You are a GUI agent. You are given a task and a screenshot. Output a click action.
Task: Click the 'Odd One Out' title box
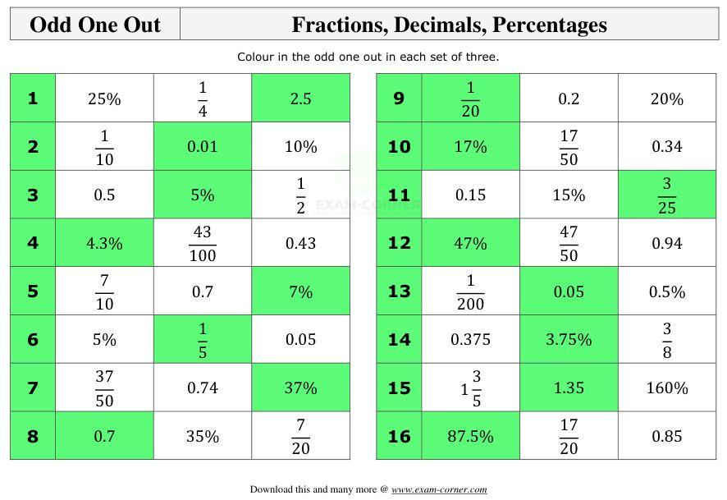point(95,25)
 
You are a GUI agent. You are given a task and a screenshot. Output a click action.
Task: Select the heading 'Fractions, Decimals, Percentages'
point(449,25)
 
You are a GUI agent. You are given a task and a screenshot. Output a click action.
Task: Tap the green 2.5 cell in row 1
point(300,99)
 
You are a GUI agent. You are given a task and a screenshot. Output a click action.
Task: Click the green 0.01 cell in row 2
point(203,147)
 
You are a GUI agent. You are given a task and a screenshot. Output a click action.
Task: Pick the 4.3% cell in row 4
point(104,244)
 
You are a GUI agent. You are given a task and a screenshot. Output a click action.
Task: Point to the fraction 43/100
point(203,244)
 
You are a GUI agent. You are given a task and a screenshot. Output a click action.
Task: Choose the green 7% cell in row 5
point(300,292)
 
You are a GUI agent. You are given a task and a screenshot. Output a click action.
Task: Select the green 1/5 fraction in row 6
point(203,340)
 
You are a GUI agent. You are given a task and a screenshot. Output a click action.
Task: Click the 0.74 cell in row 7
point(203,388)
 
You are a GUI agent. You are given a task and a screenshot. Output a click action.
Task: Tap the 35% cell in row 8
point(203,437)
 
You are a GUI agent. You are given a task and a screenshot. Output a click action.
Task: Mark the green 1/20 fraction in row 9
point(470,99)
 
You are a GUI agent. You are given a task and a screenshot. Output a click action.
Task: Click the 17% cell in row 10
point(470,147)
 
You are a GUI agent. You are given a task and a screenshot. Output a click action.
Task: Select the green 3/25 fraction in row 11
point(666,195)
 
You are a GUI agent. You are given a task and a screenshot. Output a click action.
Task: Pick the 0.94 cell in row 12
point(666,244)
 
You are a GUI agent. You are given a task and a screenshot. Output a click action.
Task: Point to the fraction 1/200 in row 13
point(470,292)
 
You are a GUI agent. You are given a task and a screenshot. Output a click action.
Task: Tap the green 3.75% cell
point(569,340)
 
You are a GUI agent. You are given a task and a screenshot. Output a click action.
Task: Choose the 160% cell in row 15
point(666,388)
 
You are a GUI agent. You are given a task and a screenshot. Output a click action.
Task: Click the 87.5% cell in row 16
point(470,437)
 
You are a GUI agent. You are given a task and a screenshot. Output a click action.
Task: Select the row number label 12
point(399,244)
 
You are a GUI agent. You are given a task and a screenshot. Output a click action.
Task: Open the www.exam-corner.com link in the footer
point(439,489)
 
